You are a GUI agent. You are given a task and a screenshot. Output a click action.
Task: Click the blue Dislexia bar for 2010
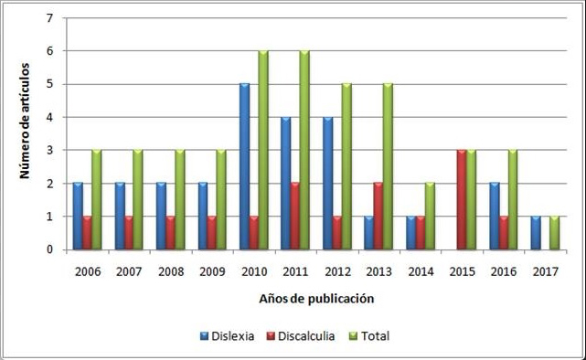click(244, 166)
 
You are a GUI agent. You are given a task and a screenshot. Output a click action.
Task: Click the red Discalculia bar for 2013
click(378, 217)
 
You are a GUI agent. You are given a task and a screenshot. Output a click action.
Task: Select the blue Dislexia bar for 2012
click(326, 183)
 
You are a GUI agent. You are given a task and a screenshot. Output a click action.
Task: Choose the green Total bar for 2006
click(97, 199)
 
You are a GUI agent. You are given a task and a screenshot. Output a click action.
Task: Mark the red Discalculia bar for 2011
click(295, 217)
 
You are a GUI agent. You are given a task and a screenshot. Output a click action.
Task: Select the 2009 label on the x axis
click(212, 271)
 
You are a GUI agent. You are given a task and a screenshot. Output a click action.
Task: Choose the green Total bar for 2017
click(554, 233)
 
